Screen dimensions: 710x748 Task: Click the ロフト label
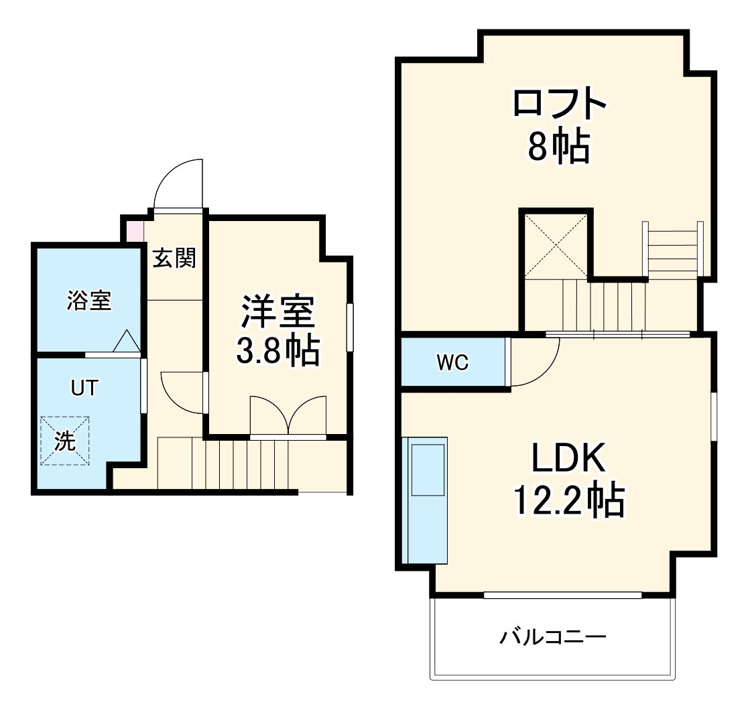coord(560,103)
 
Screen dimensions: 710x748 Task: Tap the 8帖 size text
coord(559,147)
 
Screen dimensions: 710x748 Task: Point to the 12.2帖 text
coord(569,500)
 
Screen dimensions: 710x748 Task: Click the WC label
coord(453,363)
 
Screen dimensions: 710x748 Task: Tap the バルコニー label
coord(552,636)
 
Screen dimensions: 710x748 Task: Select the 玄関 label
coord(174,258)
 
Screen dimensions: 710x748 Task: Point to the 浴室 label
coord(88,301)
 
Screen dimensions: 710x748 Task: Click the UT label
coord(85,387)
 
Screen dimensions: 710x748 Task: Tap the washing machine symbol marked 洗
coord(65,440)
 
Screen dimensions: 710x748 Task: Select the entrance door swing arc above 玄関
coord(178,185)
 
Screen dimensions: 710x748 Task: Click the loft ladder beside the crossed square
coord(672,249)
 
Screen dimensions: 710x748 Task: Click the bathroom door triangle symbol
coord(125,341)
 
